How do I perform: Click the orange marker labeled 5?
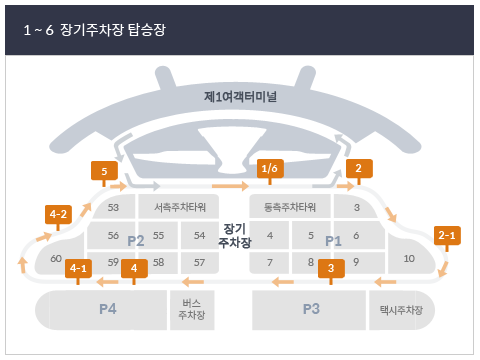click(x=104, y=171)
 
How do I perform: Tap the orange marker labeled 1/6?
click(x=270, y=169)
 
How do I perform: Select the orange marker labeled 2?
click(x=358, y=169)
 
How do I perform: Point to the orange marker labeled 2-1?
click(x=447, y=236)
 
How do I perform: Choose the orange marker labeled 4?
click(x=134, y=268)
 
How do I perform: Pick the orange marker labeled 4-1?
click(x=79, y=268)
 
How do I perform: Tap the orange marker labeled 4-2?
click(x=58, y=214)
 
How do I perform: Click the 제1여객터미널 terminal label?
click(x=240, y=98)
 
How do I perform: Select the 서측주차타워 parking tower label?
click(x=180, y=208)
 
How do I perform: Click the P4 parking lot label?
click(x=108, y=309)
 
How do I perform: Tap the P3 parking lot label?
click(x=310, y=309)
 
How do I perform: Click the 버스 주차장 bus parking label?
click(x=190, y=309)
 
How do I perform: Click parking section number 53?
click(x=113, y=208)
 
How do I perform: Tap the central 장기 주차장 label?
click(x=235, y=235)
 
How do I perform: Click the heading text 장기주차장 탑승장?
click(x=116, y=31)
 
